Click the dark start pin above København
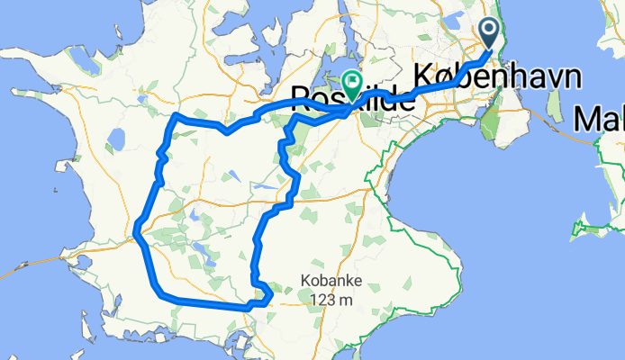[x=489, y=32]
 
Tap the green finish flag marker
[x=350, y=82]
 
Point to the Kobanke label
[x=332, y=281]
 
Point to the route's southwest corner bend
[x=160, y=293]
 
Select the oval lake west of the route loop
[x=115, y=139]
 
